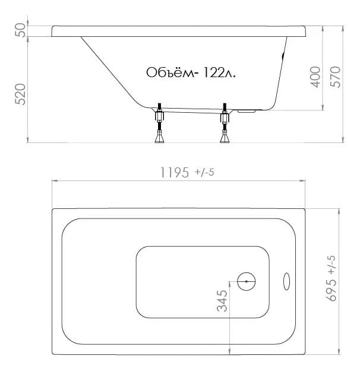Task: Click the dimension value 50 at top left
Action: pos(20,30)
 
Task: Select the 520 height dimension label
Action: pos(20,94)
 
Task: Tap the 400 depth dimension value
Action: pos(315,77)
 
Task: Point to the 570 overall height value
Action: pos(336,77)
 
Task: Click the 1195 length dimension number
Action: pos(175,172)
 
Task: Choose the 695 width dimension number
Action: pos(331,290)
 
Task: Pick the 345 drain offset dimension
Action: pos(222,301)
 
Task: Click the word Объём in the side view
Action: pos(169,72)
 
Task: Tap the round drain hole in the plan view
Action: pos(247,281)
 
